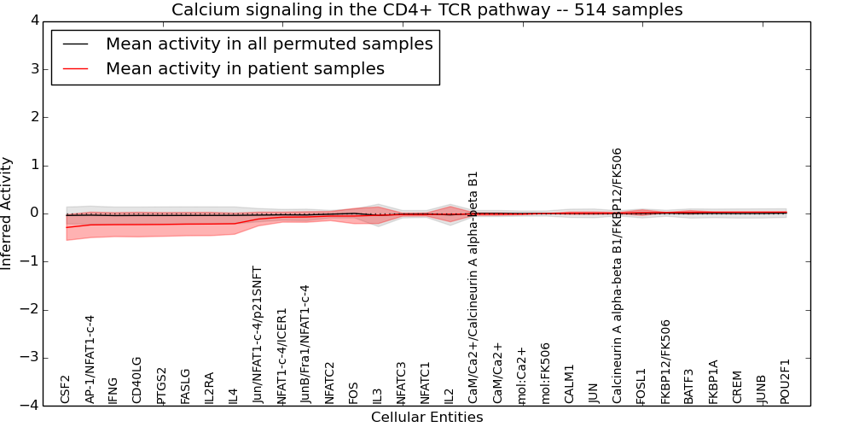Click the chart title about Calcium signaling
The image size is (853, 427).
click(x=426, y=9)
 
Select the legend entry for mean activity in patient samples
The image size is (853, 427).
click(x=245, y=69)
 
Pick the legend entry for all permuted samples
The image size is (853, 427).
click(x=269, y=44)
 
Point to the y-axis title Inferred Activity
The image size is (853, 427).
click(x=8, y=213)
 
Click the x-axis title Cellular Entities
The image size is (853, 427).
click(x=426, y=418)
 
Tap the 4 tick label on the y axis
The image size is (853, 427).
click(x=33, y=21)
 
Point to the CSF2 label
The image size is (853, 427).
click(x=66, y=389)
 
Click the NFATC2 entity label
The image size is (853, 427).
click(x=330, y=383)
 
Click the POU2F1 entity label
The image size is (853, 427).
click(x=786, y=381)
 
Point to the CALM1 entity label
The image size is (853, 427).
click(x=570, y=384)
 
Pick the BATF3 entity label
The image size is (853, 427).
click(x=689, y=385)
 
